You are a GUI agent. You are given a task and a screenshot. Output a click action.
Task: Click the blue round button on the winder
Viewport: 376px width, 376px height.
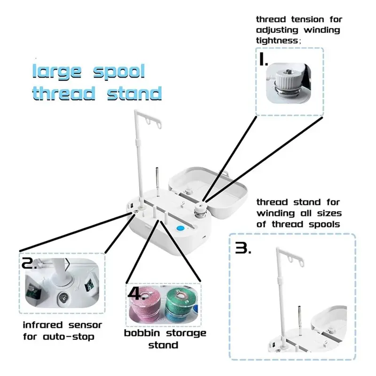[x=180, y=228]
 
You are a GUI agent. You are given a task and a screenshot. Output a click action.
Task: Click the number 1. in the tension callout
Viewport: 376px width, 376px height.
[x=264, y=59]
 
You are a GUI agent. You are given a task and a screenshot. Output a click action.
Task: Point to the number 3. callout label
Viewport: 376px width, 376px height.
[x=243, y=248]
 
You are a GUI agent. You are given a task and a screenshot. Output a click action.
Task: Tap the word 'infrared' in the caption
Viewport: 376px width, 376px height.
[x=43, y=325]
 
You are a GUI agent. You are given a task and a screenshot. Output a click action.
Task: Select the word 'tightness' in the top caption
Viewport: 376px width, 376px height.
[x=277, y=40]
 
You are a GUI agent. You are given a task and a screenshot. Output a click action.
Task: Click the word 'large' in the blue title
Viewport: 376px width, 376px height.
[x=57, y=72]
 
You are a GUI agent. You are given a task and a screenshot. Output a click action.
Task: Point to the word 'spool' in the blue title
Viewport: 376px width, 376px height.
[x=119, y=72]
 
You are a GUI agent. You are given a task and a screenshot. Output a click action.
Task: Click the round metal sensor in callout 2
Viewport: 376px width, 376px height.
[x=63, y=298]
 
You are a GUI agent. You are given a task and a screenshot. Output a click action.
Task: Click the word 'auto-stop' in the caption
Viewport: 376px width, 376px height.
[x=68, y=337]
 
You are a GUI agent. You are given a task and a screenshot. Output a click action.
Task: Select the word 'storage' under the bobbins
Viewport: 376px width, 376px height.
[x=186, y=333]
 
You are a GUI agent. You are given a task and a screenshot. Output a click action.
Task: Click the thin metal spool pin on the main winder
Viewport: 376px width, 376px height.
[x=157, y=181]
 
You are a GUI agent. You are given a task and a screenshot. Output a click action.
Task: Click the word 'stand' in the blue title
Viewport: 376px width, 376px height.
[x=134, y=94]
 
